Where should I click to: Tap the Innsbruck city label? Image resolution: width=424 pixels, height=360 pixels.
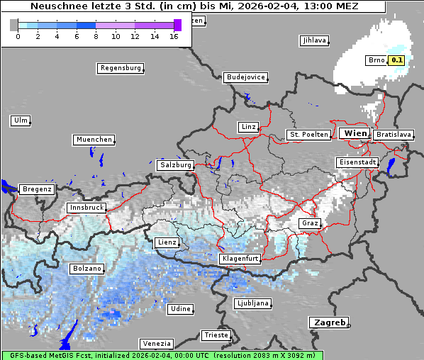87,208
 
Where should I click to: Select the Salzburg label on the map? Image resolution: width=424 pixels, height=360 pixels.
176,164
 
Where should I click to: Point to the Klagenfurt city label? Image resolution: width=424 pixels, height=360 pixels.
240,259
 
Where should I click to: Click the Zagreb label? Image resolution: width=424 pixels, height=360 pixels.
329,322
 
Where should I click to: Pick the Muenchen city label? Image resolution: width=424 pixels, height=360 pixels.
94,140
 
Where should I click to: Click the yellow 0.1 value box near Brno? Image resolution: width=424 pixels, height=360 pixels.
396,60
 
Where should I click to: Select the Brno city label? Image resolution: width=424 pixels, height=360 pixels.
376,60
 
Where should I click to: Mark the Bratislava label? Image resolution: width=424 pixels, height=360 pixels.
394,134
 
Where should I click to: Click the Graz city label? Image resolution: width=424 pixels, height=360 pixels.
310,223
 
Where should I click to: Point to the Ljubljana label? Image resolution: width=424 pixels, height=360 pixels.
252,303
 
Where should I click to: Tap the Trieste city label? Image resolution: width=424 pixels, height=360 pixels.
216,334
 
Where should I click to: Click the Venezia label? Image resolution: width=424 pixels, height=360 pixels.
156,343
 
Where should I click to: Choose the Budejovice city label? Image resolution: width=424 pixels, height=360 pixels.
245,77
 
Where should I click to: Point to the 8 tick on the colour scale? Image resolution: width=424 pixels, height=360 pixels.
96,35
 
